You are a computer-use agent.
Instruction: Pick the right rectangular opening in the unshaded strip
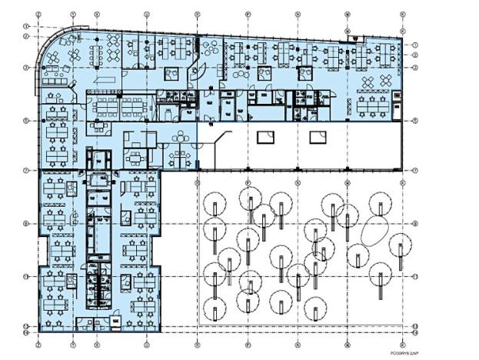tap(316, 138)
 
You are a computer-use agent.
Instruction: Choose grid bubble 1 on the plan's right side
tap(414, 45)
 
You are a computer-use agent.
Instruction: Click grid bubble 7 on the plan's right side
tap(414, 171)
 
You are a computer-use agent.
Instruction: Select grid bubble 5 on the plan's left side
tap(25, 121)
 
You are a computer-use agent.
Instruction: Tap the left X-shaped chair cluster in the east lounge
tap(368, 81)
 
